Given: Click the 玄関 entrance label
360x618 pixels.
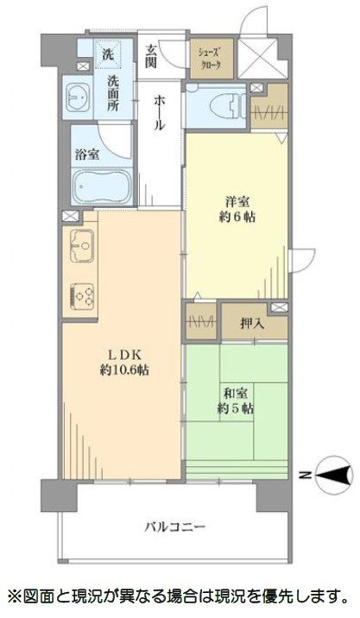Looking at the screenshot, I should [152, 56].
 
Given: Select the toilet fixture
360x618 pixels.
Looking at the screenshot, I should [221, 105].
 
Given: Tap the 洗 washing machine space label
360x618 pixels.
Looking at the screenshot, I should [109, 54].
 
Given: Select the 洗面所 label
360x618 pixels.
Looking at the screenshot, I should [113, 92].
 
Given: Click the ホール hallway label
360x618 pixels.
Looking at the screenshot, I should [160, 112].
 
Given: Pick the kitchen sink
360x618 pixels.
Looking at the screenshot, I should [80, 248].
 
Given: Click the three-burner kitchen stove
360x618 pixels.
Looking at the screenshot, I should [83, 296].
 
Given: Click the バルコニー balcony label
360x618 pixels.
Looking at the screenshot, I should [164, 527].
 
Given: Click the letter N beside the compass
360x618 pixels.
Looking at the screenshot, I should [304, 474].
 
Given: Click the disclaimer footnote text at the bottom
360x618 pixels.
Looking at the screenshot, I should [180, 596].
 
